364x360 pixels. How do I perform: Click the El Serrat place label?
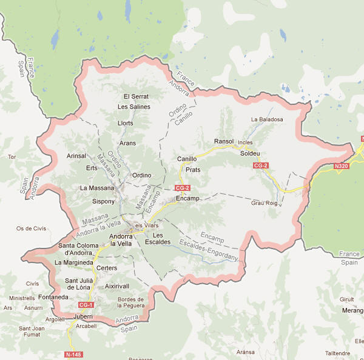(x=136, y=96)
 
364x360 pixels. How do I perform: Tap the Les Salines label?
(x=133, y=107)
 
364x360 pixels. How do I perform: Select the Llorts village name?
(x=126, y=123)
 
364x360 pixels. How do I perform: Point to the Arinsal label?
(x=76, y=156)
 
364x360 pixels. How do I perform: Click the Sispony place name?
(x=103, y=201)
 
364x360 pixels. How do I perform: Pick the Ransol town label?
(x=224, y=141)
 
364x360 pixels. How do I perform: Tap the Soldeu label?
(x=250, y=153)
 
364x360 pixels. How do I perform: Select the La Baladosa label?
(x=267, y=119)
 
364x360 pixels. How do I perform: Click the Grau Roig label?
(x=264, y=203)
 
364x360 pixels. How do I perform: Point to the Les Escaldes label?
(x=158, y=238)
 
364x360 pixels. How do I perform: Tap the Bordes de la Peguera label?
(x=130, y=302)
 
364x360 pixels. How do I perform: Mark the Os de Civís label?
(x=31, y=228)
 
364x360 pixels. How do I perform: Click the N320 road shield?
(x=342, y=165)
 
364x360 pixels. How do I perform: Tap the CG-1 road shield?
(x=86, y=305)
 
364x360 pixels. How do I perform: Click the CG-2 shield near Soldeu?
(x=261, y=165)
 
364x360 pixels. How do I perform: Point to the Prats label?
(x=193, y=170)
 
